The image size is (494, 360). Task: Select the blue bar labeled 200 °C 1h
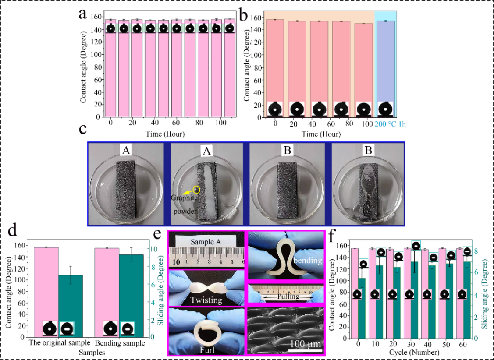[386, 66]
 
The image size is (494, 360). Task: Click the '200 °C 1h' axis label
[390, 124]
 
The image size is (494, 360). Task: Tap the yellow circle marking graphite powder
[197, 189]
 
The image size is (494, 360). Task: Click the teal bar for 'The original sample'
[71, 307]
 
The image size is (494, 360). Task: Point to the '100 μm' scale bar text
[305, 343]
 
